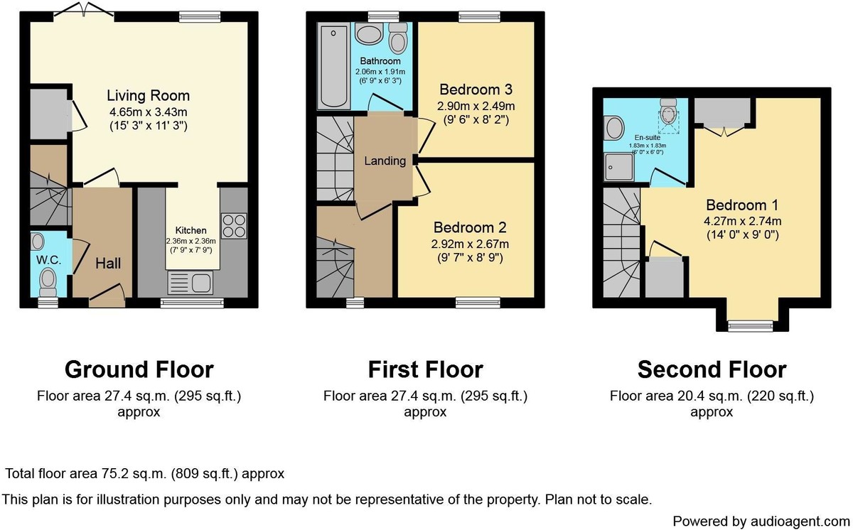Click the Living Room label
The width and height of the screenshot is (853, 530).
coord(148,95)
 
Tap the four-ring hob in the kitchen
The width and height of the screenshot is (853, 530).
coord(234,226)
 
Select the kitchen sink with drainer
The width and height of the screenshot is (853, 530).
coord(190,283)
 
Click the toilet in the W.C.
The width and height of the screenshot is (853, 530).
coord(48,282)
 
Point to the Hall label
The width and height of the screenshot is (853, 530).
coord(108,264)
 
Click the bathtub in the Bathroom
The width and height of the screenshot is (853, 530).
coord(333,66)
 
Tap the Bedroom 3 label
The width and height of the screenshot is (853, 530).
coord(476,90)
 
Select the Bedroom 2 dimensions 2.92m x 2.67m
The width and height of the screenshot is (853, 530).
coord(471,244)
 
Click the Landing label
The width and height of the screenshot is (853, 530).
coord(385,161)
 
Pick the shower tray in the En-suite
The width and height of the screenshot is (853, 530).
coord(619,167)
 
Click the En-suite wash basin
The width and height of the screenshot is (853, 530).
coord(614,127)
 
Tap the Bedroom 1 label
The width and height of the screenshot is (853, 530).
coord(742,205)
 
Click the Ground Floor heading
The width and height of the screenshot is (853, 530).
coord(139,369)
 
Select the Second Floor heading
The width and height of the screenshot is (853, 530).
coord(712,369)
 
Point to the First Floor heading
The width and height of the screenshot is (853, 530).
coord(425,369)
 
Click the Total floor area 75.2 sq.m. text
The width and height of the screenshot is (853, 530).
coord(145,474)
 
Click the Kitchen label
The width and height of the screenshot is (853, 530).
coord(191,231)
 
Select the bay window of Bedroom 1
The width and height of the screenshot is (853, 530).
coord(751,326)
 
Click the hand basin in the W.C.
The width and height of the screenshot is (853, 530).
coord(38,242)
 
